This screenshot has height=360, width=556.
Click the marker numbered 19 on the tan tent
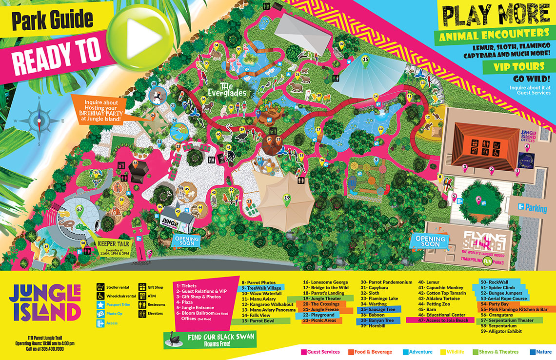[287, 198]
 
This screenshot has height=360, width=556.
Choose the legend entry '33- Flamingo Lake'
[379, 299]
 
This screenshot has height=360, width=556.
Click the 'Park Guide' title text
[52, 20]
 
